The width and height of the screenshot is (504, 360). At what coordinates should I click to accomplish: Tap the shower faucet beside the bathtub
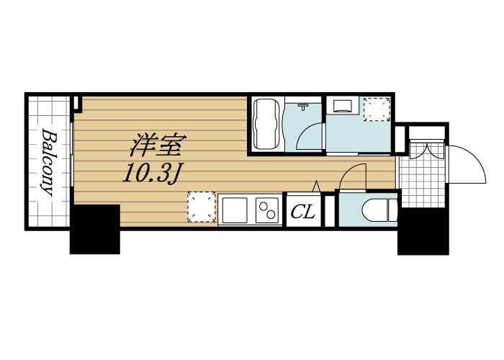click(x=304, y=107)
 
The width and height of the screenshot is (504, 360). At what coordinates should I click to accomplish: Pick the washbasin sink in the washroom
click(x=342, y=106)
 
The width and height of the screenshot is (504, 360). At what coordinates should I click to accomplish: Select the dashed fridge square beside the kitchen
click(x=202, y=207)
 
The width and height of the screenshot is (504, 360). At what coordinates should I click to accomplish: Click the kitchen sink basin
click(x=235, y=210)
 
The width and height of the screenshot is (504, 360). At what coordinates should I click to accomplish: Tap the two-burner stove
click(x=267, y=210)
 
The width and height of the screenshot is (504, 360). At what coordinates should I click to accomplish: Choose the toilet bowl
click(x=374, y=211)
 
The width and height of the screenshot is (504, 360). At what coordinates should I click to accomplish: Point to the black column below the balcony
click(x=94, y=229)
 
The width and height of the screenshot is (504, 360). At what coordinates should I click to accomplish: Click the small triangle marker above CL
click(x=316, y=186)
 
